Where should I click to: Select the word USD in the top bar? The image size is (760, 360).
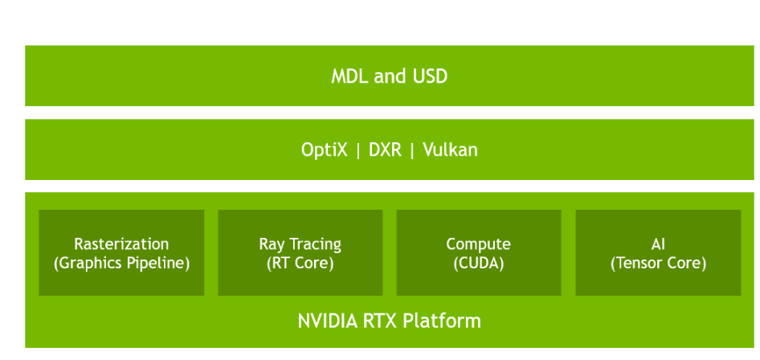[x=430, y=77]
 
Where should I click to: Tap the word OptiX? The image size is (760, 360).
[x=324, y=149]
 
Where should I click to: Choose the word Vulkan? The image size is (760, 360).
[x=449, y=149]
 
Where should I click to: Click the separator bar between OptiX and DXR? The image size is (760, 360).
[x=358, y=149]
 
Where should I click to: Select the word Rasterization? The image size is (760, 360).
[x=121, y=244]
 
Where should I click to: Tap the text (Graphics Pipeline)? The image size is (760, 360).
[x=121, y=263]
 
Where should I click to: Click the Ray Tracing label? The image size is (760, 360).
[x=300, y=244]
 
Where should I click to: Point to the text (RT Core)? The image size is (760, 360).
[x=300, y=263]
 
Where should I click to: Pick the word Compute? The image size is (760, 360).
[x=478, y=244]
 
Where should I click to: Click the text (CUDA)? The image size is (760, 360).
[x=478, y=263]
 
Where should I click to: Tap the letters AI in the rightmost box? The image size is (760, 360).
[x=658, y=244]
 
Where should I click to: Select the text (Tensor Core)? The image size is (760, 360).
[x=658, y=263]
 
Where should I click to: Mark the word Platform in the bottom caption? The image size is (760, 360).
[x=442, y=321]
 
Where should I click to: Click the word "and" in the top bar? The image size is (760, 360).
[x=390, y=77]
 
